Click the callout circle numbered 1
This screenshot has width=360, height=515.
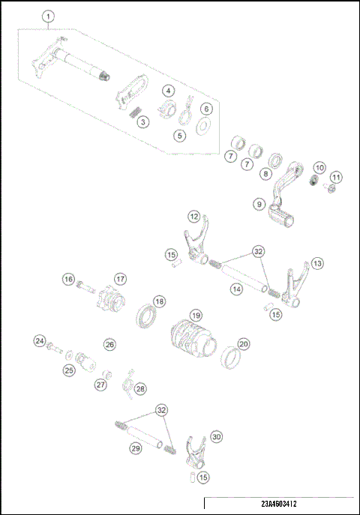point(49,16)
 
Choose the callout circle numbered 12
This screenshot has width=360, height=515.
point(194,217)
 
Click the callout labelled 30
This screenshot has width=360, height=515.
point(216,436)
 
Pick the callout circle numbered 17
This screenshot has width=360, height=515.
point(119,280)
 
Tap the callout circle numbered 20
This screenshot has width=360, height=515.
point(244,344)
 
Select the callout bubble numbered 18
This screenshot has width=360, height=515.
point(159,301)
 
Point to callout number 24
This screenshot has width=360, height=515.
point(39,341)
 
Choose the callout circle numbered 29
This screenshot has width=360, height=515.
point(136,448)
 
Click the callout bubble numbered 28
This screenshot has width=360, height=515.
point(140,388)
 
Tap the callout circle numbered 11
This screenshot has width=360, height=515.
point(337,177)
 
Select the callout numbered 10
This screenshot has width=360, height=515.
point(319,168)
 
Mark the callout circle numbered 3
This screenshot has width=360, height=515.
point(144,121)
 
